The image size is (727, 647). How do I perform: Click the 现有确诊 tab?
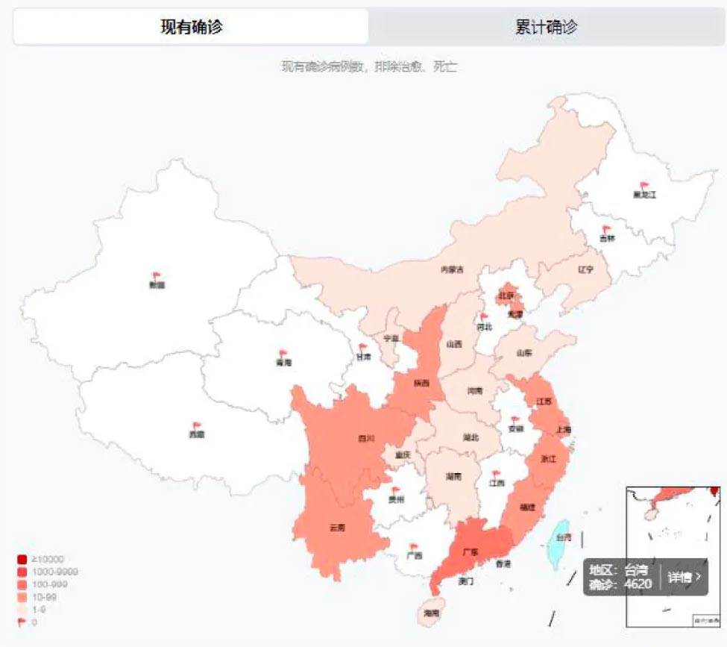pyautogui.click(x=191, y=28)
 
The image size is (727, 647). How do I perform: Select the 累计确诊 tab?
pyautogui.click(x=546, y=28)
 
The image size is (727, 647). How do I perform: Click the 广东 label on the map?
pyautogui.click(x=470, y=552)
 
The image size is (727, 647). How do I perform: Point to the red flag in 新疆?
pyautogui.click(x=157, y=277)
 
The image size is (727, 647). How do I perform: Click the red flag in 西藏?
pyautogui.click(x=197, y=426)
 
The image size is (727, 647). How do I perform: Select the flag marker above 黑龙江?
pyautogui.click(x=645, y=186)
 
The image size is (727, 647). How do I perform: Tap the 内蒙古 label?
pyautogui.click(x=452, y=270)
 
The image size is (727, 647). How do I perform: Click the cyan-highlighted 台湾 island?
pyautogui.click(x=561, y=540)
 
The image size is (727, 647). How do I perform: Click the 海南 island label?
pyautogui.click(x=431, y=613)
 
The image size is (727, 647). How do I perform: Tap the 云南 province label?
pyautogui.click(x=337, y=528)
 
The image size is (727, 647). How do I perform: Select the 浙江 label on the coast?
pyautogui.click(x=548, y=459)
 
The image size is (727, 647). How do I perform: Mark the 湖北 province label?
pyautogui.click(x=470, y=437)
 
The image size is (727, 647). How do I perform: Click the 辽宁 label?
pyautogui.click(x=585, y=270)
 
